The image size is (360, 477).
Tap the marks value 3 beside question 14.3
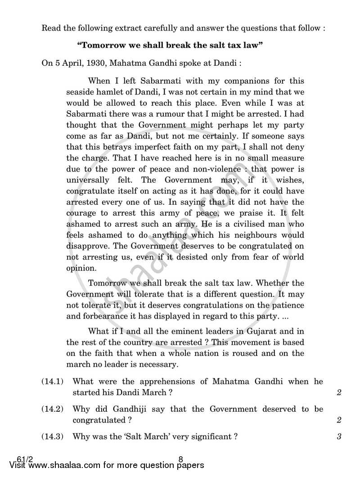[x=339, y=436]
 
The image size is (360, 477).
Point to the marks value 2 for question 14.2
[x=339, y=420]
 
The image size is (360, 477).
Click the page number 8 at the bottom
[x=180, y=459]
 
